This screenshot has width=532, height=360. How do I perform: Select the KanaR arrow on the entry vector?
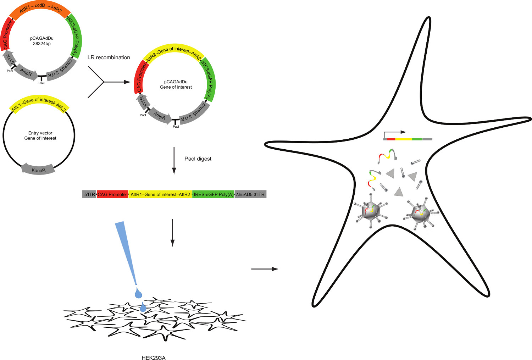(x=38, y=170)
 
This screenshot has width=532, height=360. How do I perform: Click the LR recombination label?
(x=109, y=57)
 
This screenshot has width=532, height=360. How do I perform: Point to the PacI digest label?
(x=198, y=159)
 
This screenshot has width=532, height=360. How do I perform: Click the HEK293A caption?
(x=153, y=358)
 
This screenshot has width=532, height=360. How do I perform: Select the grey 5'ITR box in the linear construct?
(x=89, y=194)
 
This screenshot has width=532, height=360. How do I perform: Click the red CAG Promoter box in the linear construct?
(x=112, y=194)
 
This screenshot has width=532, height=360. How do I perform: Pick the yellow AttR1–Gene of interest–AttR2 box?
(x=160, y=194)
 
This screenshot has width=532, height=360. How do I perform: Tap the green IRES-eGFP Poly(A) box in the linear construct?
(x=213, y=194)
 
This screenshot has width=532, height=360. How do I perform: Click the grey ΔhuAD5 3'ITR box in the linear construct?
(x=250, y=194)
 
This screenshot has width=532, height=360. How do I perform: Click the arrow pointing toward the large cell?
(x=265, y=269)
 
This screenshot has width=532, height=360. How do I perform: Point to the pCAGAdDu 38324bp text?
(x=42, y=41)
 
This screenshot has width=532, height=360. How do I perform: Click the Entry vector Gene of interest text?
(x=40, y=135)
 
